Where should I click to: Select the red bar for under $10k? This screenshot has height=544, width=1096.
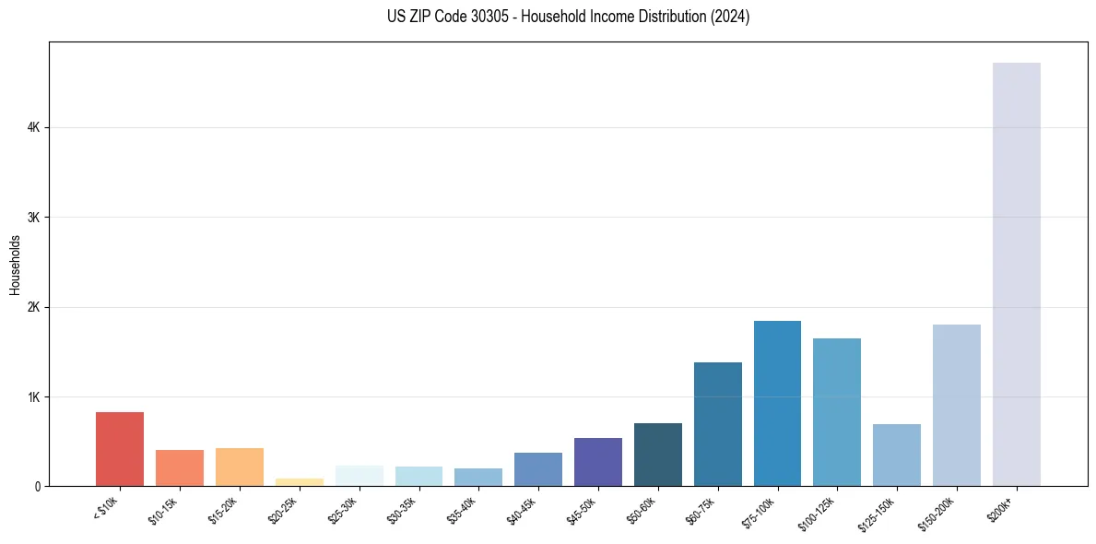point(120,449)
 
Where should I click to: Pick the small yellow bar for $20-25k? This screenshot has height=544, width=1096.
point(299,481)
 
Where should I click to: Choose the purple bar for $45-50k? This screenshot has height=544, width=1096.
point(597,462)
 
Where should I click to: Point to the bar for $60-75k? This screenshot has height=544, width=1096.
point(717,424)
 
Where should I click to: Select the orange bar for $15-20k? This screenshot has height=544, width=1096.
point(240,467)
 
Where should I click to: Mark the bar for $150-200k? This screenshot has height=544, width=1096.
point(956,405)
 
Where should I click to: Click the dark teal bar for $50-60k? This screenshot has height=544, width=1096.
point(657,455)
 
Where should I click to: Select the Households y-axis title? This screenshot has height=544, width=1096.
point(15,265)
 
